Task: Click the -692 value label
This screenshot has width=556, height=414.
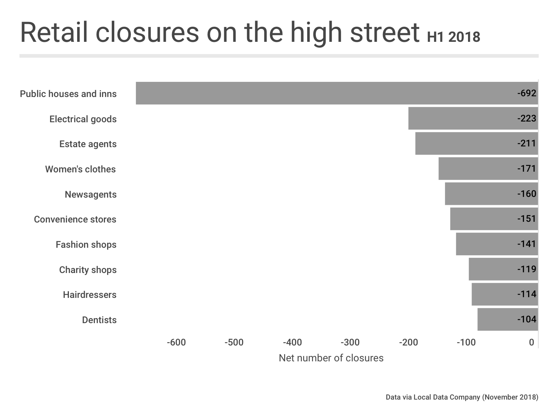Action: click(527, 93)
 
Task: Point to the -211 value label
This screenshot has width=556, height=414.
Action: click(527, 144)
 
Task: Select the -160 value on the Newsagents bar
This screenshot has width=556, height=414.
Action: click(527, 194)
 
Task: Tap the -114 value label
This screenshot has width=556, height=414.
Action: click(527, 294)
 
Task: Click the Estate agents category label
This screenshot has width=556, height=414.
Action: click(88, 144)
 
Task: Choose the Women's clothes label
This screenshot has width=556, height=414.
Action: click(80, 169)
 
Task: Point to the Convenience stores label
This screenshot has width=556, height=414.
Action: click(75, 219)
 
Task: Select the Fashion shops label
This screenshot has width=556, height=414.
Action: click(86, 245)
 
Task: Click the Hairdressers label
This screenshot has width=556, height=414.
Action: click(90, 295)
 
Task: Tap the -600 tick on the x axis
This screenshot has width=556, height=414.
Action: click(176, 342)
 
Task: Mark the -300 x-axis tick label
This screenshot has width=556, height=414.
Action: click(350, 342)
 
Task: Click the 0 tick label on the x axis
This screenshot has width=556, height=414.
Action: click(531, 342)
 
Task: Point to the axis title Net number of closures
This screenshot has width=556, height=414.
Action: click(331, 358)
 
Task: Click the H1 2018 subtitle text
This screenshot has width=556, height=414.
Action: click(454, 37)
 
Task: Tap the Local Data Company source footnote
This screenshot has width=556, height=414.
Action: click(462, 397)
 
